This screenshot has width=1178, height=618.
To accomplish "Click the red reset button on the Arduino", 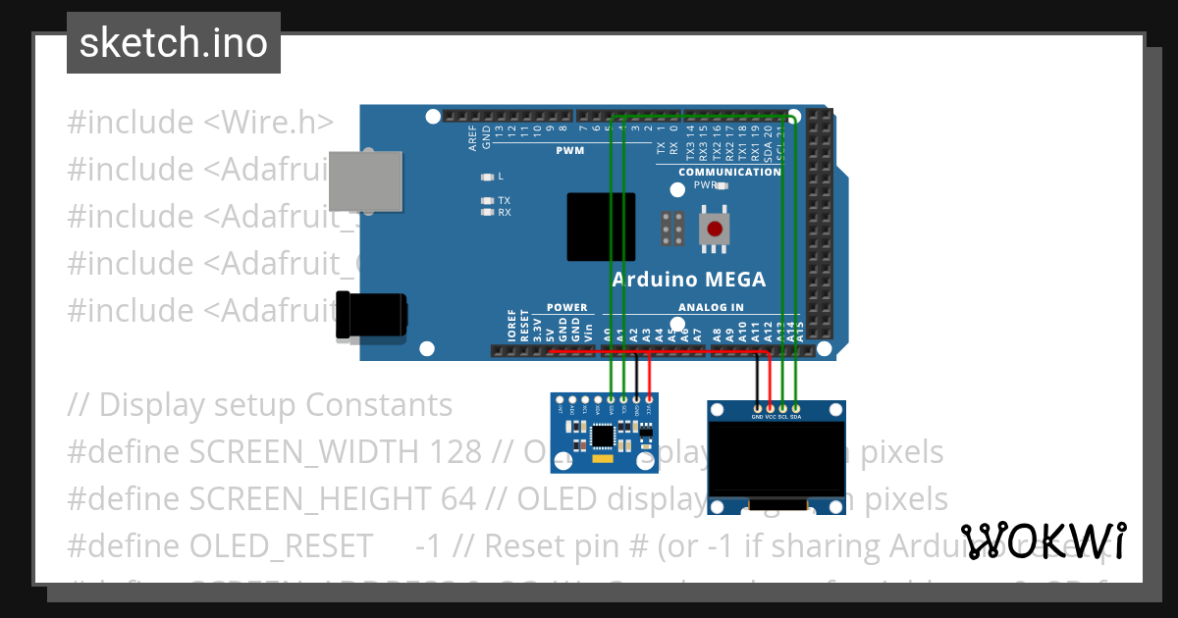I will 715,229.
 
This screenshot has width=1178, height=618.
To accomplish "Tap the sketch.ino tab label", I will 174,43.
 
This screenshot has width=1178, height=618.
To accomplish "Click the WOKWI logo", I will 1044,541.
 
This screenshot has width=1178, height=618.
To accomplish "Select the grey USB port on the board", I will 365,180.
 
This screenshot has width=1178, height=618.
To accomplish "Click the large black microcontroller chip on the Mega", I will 601,227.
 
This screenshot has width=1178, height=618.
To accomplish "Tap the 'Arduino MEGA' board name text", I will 688,280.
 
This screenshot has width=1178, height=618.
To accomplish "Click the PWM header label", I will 569,151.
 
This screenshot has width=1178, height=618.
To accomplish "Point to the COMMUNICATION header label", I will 729,172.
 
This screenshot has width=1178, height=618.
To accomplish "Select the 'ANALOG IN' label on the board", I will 711,307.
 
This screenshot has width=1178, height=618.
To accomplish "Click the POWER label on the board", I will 566,307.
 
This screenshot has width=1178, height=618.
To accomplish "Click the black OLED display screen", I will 776,459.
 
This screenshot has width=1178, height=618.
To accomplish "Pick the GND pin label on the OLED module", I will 757,416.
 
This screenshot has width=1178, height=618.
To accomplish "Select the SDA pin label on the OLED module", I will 795,416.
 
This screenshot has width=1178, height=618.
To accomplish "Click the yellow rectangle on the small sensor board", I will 601,456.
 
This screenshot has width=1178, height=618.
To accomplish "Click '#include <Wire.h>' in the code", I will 200,123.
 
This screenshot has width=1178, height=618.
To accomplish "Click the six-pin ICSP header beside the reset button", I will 673,229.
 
